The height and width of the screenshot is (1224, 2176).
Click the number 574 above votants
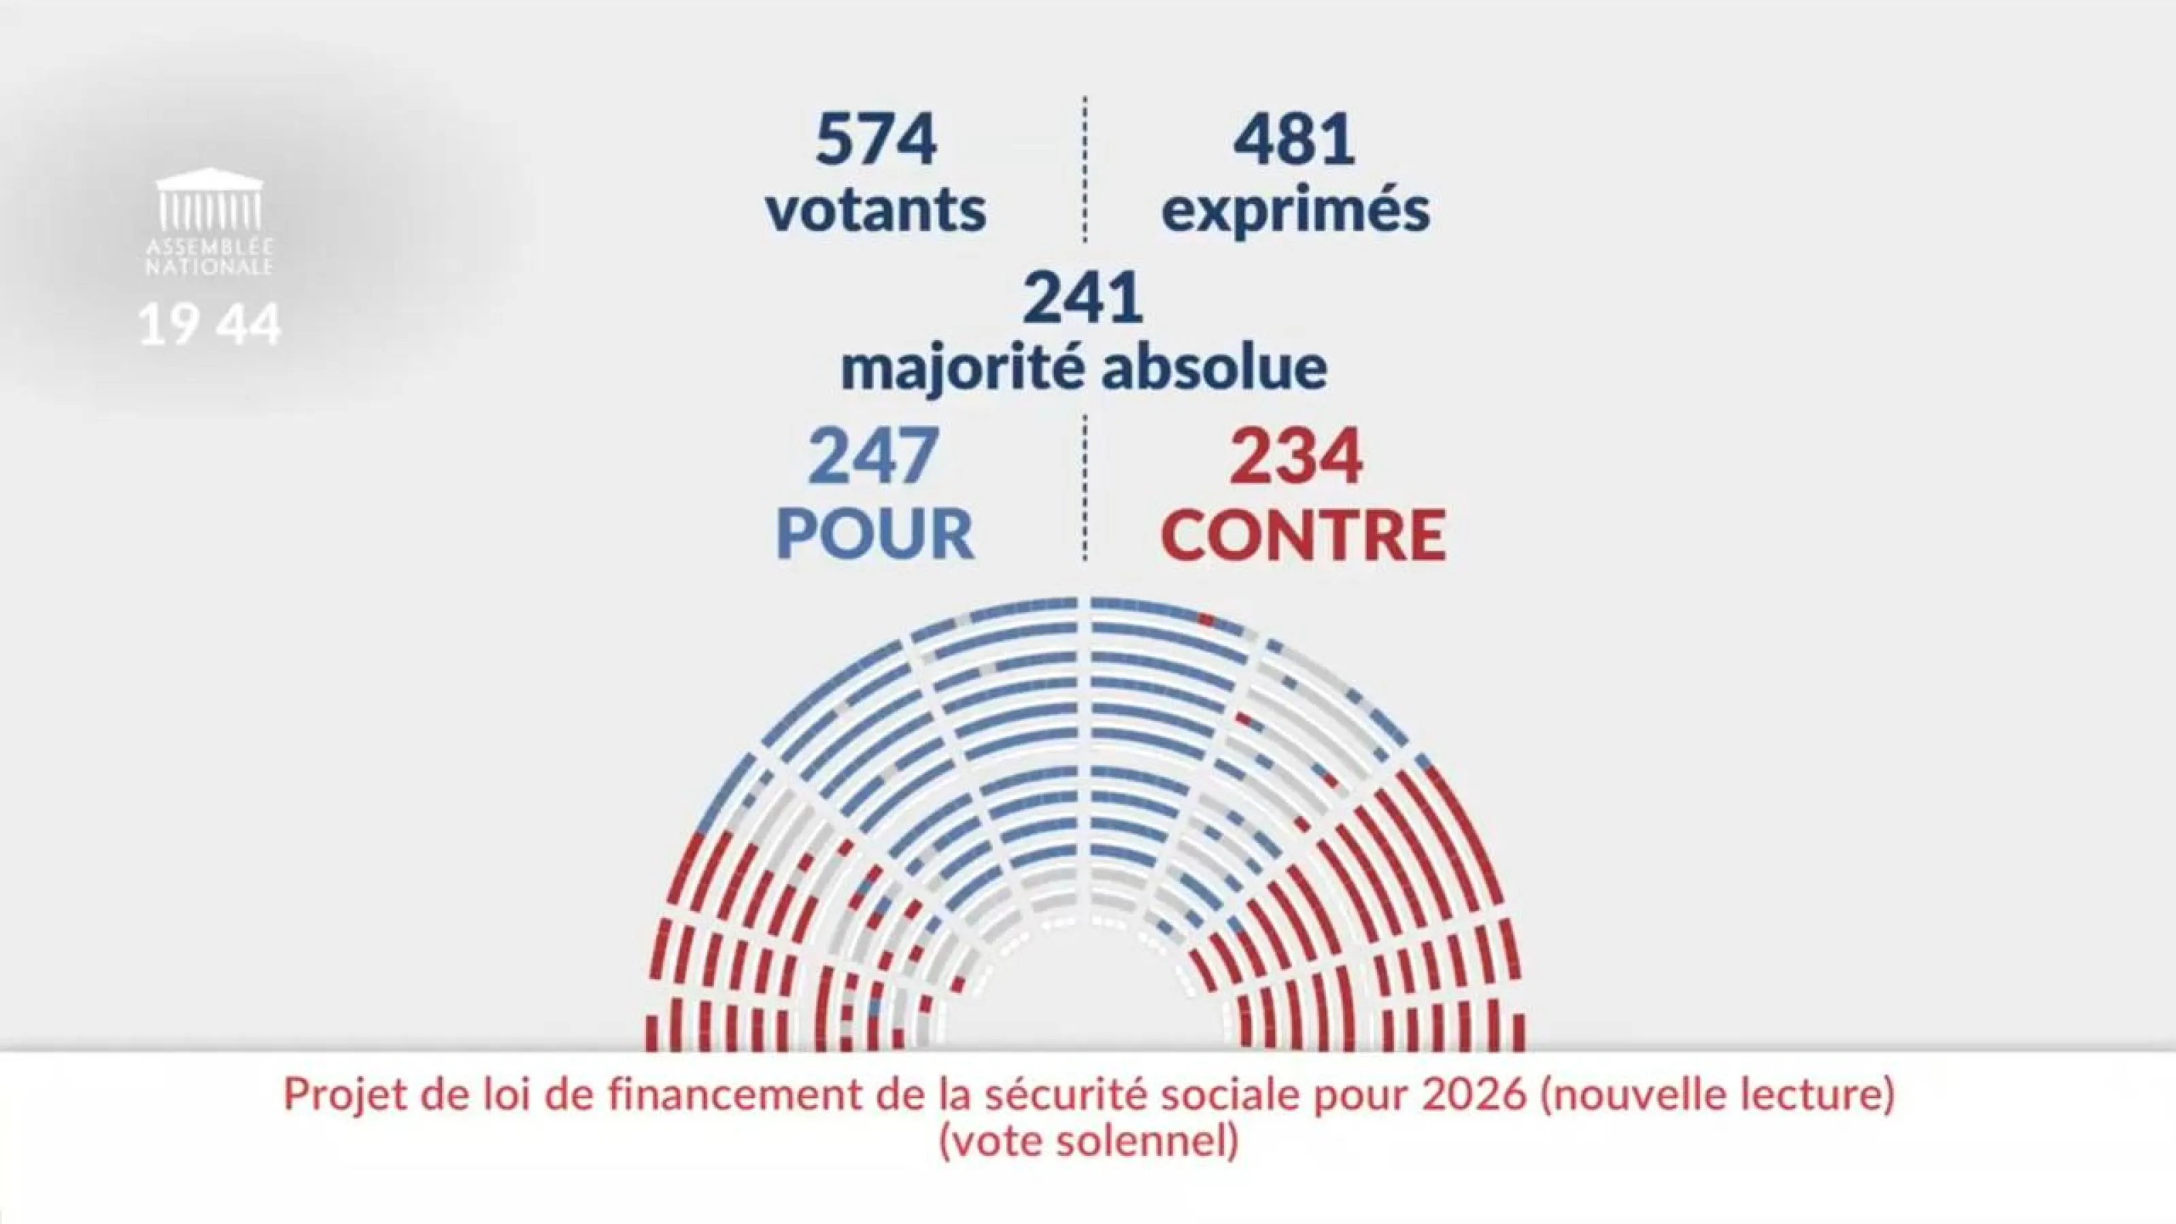click(x=876, y=140)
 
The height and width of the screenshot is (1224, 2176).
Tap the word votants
click(x=876, y=209)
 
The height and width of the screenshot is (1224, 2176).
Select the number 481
click(x=1294, y=140)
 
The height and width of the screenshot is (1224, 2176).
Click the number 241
click(x=1084, y=299)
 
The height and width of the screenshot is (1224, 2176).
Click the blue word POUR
click(x=874, y=534)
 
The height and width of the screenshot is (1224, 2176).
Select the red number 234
click(x=1295, y=457)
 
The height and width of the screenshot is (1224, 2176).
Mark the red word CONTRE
click(x=1303, y=534)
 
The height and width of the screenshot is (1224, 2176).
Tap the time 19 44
click(x=209, y=324)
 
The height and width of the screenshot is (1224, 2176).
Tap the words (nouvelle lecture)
click(x=1716, y=1095)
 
